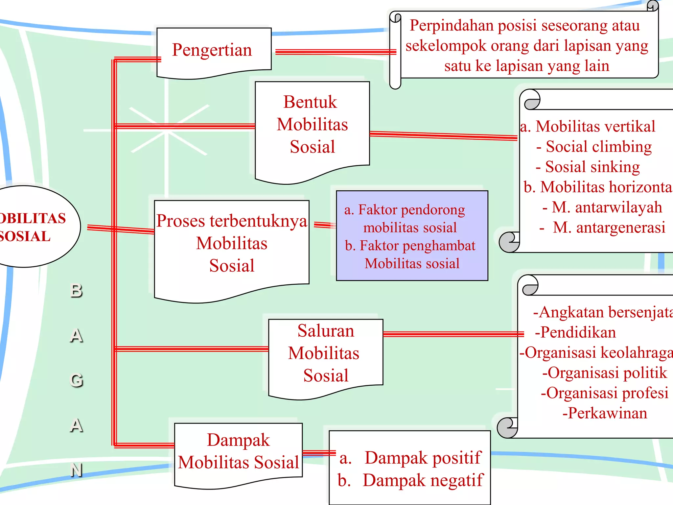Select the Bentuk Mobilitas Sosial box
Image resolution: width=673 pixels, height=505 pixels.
pyautogui.click(x=312, y=125)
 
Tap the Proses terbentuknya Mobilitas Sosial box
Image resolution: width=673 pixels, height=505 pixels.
pyautogui.click(x=232, y=243)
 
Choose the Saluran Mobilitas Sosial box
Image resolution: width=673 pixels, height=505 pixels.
pyautogui.click(x=325, y=353)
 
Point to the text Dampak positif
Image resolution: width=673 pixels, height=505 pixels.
pyautogui.click(x=423, y=458)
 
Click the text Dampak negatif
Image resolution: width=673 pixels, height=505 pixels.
pyautogui.click(x=423, y=480)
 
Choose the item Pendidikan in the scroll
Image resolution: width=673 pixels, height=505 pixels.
pyautogui.click(x=578, y=332)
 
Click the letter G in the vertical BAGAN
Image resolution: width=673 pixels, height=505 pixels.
pyautogui.click(x=77, y=380)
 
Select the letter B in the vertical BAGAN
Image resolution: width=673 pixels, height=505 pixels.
pyautogui.click(x=77, y=291)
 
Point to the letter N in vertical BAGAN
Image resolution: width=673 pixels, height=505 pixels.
pyautogui.click(x=77, y=470)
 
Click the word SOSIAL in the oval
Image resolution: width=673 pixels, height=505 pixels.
pyautogui.click(x=25, y=236)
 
